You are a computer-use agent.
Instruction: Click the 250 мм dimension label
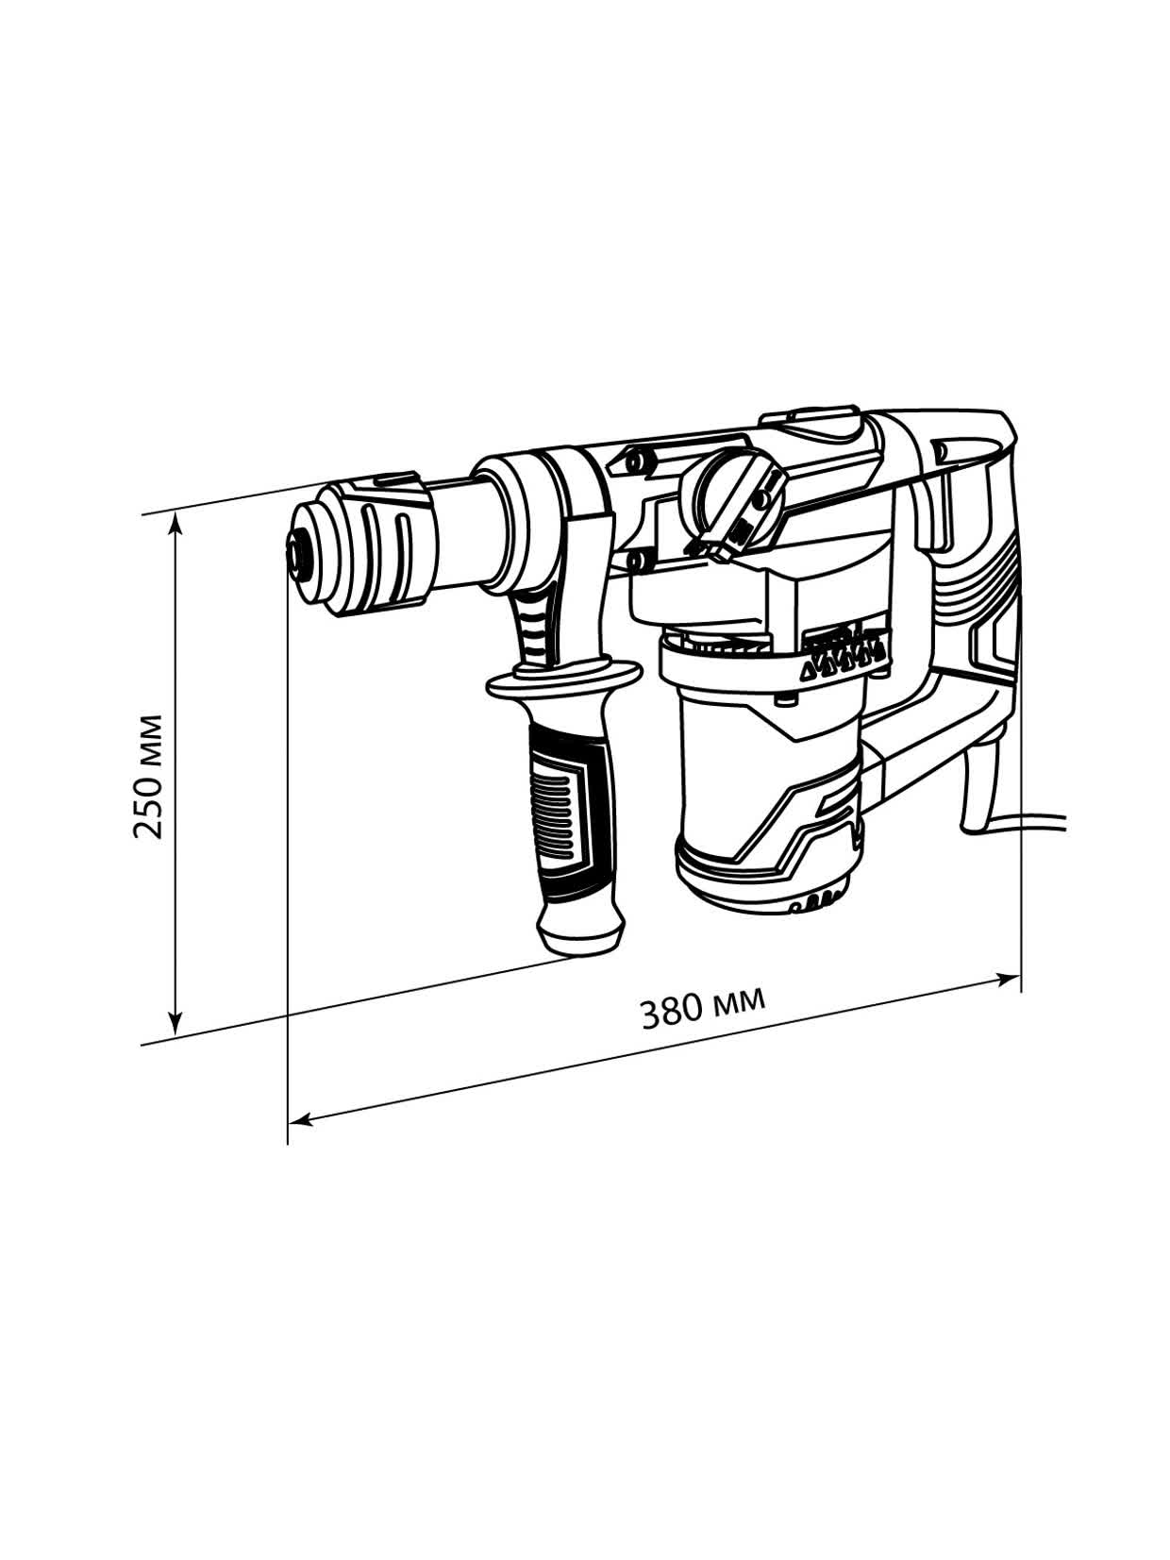click(x=148, y=776)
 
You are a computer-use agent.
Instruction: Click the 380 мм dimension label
click(x=703, y=1007)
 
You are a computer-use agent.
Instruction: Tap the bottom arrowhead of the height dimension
click(x=175, y=1021)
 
